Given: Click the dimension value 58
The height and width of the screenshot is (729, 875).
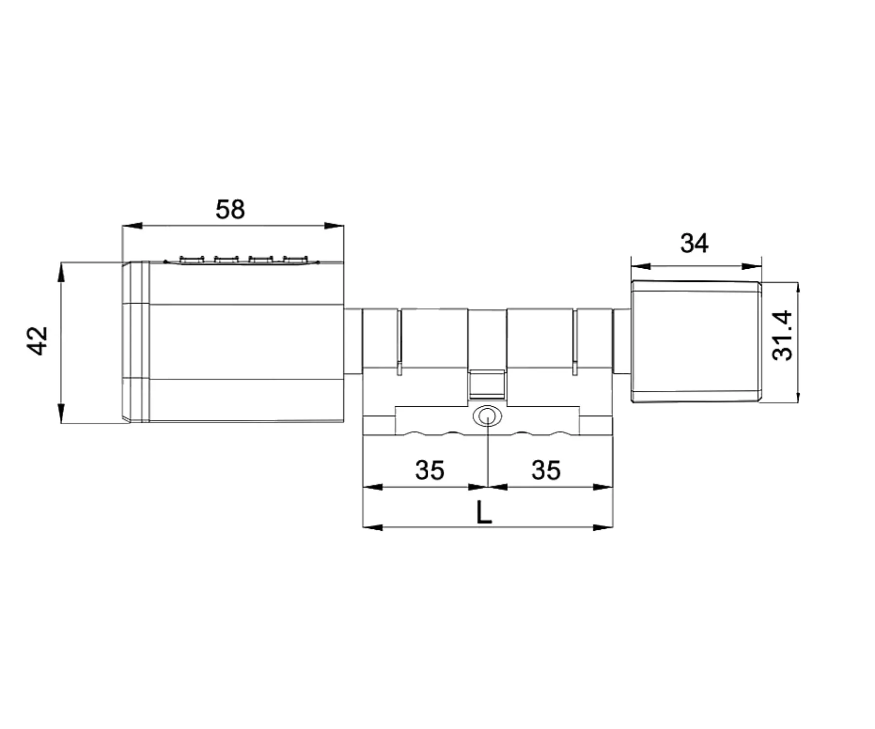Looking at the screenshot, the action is tap(230, 209).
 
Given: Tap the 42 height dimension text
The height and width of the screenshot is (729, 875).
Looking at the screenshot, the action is tap(37, 341).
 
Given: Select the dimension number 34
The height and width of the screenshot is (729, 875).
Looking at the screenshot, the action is tap(694, 243).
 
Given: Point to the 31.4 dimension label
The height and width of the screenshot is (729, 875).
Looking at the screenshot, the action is tap(783, 335).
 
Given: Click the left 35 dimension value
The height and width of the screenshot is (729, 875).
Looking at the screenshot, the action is tap(430, 470).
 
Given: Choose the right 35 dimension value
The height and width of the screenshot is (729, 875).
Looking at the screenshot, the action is tap(546, 470).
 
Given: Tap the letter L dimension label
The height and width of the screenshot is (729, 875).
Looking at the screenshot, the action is tap(484, 512).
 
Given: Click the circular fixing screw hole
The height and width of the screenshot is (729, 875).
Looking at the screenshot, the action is tap(487, 417).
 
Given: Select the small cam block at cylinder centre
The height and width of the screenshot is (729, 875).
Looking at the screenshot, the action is tap(487, 384).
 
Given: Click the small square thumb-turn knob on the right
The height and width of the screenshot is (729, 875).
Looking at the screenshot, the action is tap(696, 342).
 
